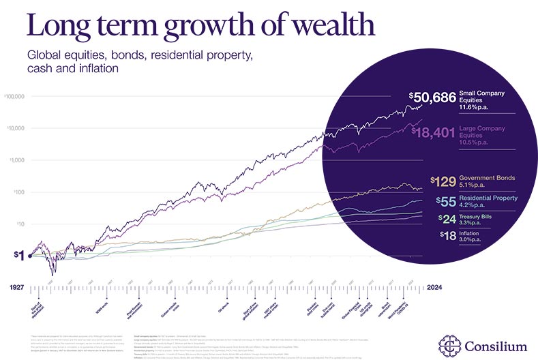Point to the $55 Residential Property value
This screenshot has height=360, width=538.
445,202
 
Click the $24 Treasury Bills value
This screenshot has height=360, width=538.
446,219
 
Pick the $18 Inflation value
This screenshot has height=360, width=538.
447,237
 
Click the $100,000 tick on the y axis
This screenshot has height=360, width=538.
14,96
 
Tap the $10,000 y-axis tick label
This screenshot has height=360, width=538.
15,128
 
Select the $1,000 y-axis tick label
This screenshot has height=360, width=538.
16,160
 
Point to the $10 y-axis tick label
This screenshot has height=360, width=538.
18,224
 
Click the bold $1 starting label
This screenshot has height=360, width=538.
19,256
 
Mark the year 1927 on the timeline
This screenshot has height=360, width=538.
18,288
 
